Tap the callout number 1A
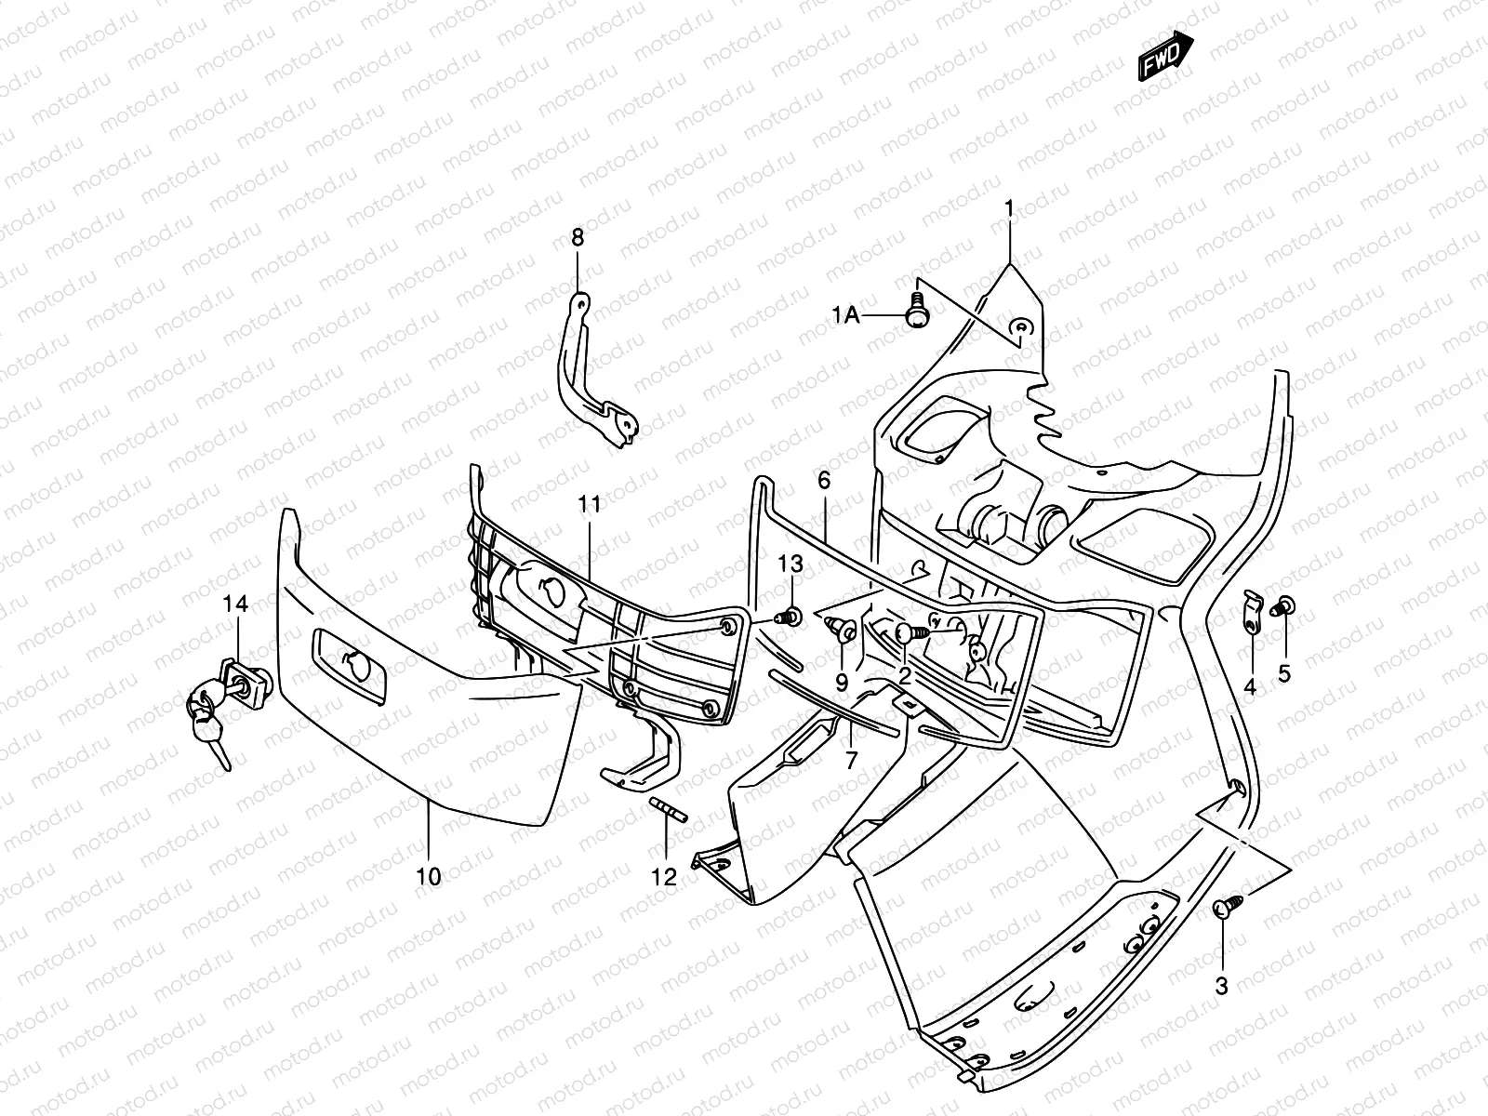click(845, 316)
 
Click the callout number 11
click(590, 505)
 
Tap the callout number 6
click(824, 481)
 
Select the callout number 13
click(790, 565)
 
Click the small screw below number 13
click(791, 616)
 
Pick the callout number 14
click(235, 604)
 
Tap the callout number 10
click(429, 875)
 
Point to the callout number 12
click(664, 876)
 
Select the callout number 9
click(842, 683)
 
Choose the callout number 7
click(851, 761)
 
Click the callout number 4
click(1250, 687)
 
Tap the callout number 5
click(1284, 674)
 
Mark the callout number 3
click(1222, 986)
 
